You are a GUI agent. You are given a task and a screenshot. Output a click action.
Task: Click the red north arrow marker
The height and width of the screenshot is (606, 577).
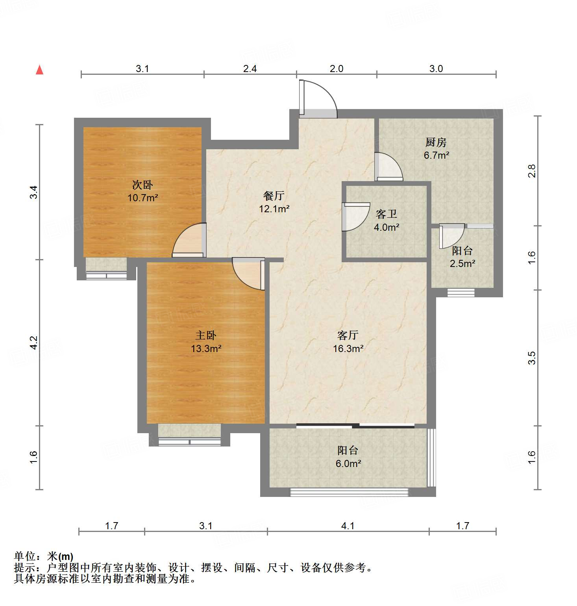coord(39,70)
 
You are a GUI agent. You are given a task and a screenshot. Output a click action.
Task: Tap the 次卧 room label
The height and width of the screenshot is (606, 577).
coord(142,184)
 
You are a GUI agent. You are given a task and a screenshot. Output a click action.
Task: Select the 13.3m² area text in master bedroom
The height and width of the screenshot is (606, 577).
coord(206,348)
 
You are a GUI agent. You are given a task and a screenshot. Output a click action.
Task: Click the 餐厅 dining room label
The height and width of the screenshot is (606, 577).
coord(274,195)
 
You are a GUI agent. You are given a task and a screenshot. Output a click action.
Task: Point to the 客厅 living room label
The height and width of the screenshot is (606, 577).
coord(348,335)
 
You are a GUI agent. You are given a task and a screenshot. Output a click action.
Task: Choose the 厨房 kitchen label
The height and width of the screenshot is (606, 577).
coord(436,142)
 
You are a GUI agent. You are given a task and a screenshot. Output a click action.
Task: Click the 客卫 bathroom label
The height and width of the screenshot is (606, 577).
coord(386,214)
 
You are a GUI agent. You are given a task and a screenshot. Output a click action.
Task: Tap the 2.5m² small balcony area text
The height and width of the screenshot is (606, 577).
coord(462,263)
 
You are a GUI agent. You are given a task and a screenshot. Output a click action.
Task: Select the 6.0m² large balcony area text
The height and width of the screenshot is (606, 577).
coord(348,463)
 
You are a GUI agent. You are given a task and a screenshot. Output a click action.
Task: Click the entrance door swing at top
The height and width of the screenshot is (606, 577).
coord(318,99)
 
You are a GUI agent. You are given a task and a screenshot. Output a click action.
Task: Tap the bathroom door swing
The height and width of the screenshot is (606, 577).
coord(354,217)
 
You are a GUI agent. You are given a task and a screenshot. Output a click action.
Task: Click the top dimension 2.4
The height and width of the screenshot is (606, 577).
coord(250,69)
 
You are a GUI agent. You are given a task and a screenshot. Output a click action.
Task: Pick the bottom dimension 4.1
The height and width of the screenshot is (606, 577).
coord(348,526)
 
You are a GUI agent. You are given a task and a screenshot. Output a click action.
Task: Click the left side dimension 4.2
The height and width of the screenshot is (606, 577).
coord(34,343)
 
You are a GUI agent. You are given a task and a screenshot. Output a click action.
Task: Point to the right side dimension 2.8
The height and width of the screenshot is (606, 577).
coord(532,171)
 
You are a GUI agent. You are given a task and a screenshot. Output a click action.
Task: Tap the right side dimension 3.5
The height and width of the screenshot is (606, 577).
coord(532,358)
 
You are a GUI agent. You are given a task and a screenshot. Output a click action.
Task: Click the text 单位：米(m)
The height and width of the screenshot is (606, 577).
coord(44,556)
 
